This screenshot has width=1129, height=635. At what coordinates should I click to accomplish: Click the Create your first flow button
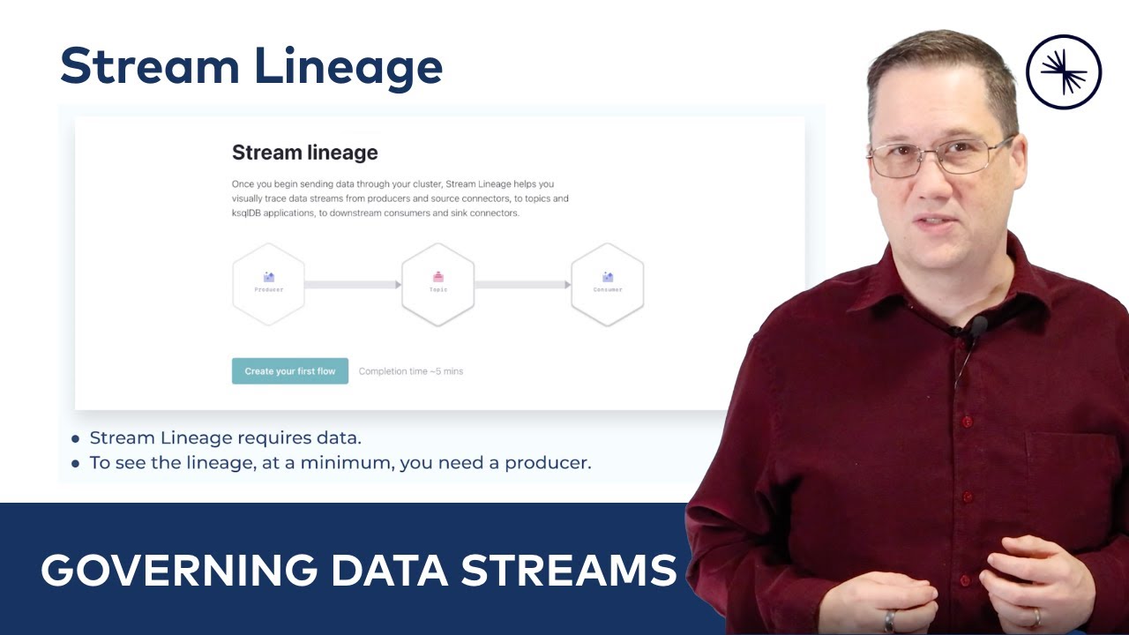290,371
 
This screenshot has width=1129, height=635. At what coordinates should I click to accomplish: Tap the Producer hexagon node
269,284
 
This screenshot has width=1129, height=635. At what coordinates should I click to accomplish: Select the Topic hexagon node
438,284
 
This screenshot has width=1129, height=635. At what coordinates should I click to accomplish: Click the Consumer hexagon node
608,284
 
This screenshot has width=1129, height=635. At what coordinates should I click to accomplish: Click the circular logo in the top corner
1064,71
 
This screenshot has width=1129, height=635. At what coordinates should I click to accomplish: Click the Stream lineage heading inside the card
304,153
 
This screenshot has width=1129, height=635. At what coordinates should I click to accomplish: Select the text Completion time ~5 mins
411,371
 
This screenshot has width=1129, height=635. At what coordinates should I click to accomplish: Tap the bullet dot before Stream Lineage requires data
76,438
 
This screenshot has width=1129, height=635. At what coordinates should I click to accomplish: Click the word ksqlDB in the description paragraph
250,213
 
